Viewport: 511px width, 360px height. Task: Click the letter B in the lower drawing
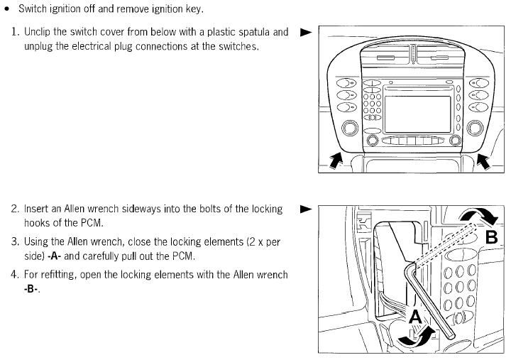(x=490, y=236)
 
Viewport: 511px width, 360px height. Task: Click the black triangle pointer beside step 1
(x=306, y=32)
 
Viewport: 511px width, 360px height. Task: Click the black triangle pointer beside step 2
(x=306, y=209)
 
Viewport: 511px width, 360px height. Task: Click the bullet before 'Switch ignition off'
(x=7, y=9)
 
